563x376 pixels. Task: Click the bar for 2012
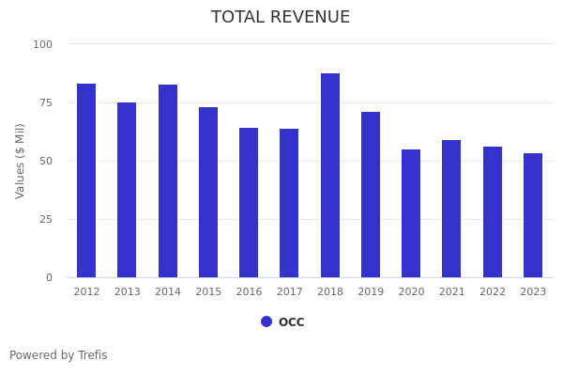[x=86, y=180]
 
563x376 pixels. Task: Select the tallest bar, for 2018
[x=330, y=176]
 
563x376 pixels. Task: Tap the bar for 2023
[x=533, y=215]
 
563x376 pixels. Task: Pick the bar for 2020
[x=411, y=213]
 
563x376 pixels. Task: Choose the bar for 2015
[x=208, y=193]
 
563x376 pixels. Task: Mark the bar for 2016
[x=249, y=203]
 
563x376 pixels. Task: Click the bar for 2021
[x=451, y=209]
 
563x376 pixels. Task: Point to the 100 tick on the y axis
[x=43, y=44]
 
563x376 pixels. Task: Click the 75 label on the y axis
[x=46, y=102]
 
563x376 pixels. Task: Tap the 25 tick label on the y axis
[x=46, y=219]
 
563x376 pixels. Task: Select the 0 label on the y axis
[x=49, y=277]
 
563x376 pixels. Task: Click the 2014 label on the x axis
[x=168, y=292]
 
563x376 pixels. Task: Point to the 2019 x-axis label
[x=371, y=292]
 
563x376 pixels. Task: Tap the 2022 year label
[x=493, y=292]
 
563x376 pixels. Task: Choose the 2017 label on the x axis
[x=289, y=292]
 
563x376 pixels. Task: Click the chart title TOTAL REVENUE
[x=281, y=18]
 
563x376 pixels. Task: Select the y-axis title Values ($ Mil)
[x=21, y=161]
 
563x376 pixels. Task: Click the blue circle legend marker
[x=266, y=321]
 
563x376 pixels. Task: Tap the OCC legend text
[x=291, y=322]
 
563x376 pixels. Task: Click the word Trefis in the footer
[x=92, y=355]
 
